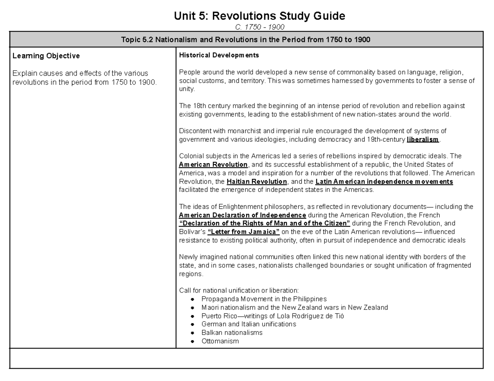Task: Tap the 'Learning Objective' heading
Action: (x=46, y=55)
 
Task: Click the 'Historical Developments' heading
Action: (x=219, y=55)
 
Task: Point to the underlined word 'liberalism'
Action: (x=423, y=139)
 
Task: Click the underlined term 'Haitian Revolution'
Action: (x=257, y=181)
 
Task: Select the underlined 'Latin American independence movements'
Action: (x=384, y=181)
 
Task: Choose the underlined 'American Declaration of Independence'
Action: (x=242, y=215)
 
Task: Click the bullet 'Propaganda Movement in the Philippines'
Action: (x=264, y=299)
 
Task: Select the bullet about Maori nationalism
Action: (x=294, y=307)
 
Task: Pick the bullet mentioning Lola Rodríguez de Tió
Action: (x=273, y=316)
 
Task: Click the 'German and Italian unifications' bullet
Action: (x=249, y=324)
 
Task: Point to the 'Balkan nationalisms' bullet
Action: (x=232, y=333)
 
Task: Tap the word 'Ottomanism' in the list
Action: (x=220, y=341)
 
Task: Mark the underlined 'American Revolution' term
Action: (x=213, y=164)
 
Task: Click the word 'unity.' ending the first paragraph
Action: (x=186, y=89)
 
